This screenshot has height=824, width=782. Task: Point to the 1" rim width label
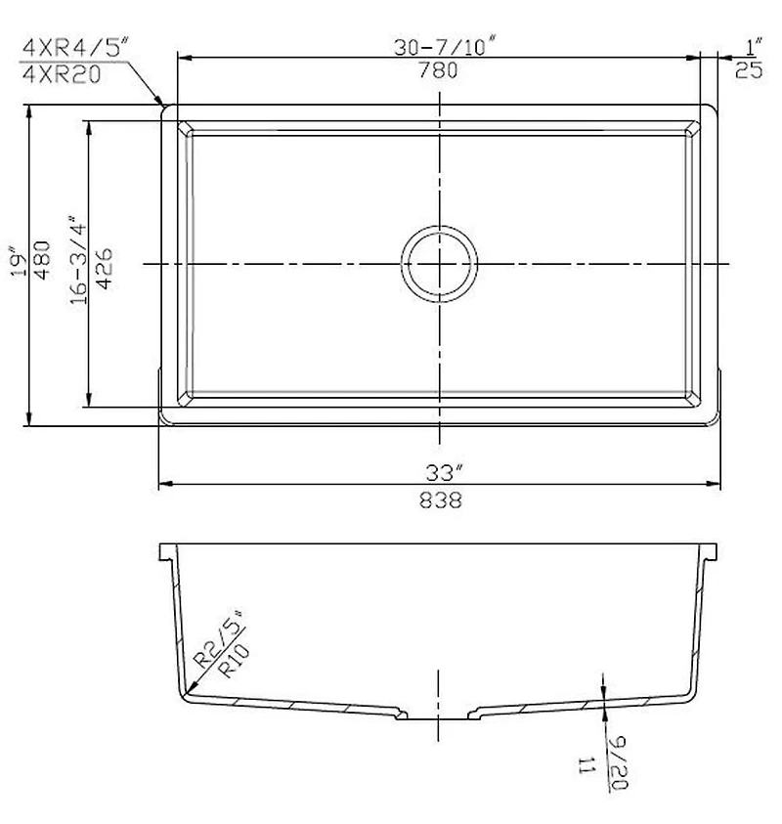tap(753, 45)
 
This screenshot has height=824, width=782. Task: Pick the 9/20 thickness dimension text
tap(617, 764)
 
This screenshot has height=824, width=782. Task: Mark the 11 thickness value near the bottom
tap(586, 764)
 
